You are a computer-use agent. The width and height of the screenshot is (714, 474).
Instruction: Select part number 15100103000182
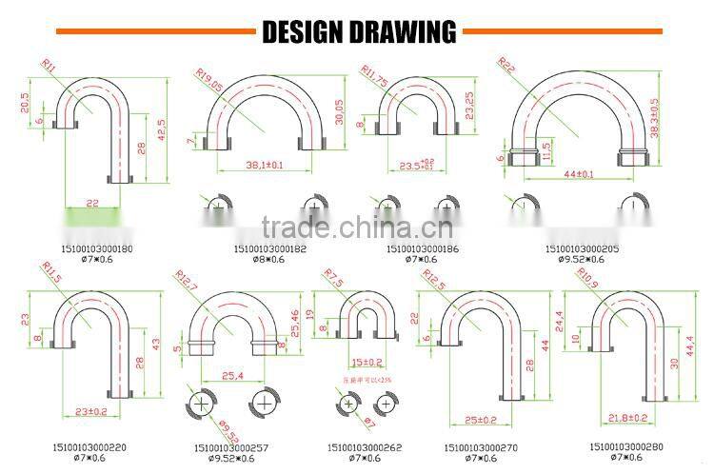(x=269, y=248)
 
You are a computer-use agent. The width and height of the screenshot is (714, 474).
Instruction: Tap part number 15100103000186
(x=422, y=248)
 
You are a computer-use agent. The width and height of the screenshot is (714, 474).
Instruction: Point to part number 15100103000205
(x=582, y=248)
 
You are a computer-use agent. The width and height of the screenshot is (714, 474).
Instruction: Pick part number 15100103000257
(x=230, y=445)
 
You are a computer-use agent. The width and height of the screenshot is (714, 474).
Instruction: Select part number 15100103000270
(x=482, y=446)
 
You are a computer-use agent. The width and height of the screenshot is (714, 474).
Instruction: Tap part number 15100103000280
(x=625, y=445)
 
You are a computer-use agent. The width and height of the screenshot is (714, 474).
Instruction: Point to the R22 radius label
(x=506, y=65)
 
